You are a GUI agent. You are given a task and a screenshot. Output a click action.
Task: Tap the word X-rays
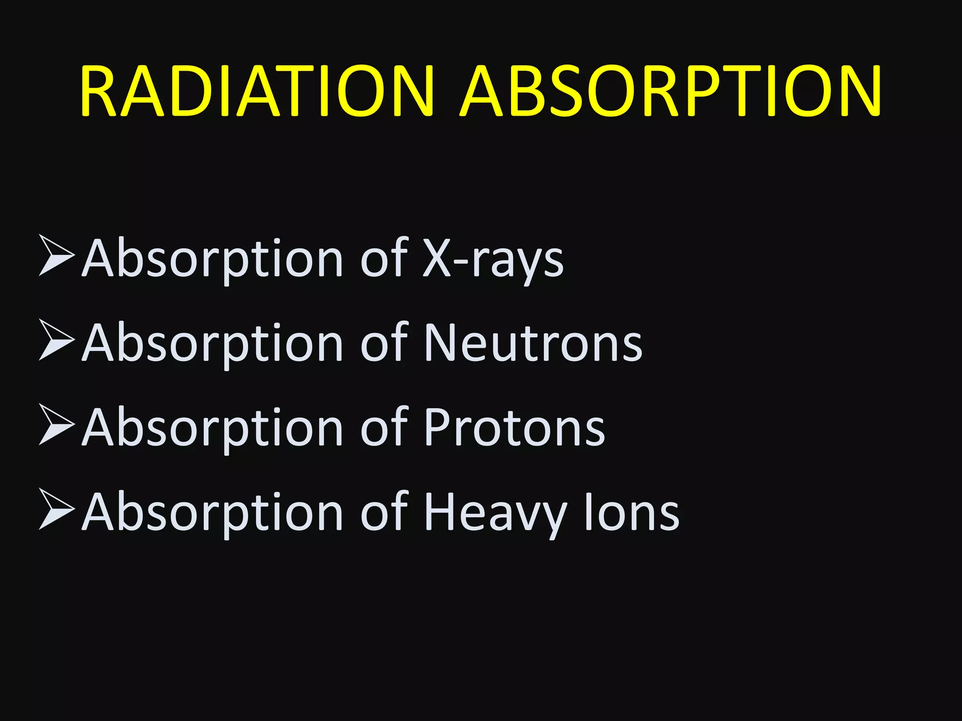(493, 259)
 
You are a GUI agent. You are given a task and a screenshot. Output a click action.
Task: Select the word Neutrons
(533, 344)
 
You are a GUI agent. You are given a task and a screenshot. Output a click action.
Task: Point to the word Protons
(514, 428)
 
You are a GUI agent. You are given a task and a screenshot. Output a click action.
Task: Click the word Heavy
(496, 513)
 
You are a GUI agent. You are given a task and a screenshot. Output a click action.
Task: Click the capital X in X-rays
(436, 259)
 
